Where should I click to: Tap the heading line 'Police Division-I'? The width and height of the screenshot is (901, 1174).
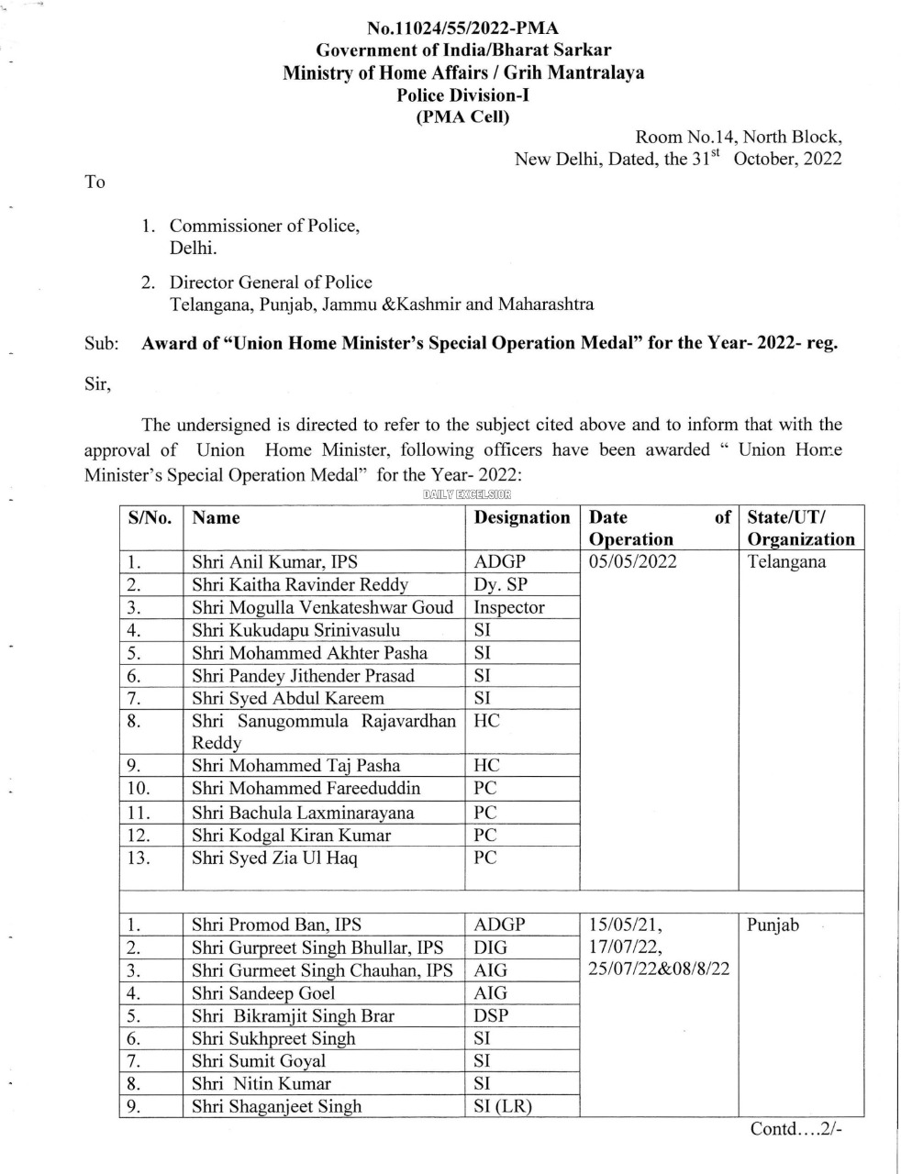click(462, 94)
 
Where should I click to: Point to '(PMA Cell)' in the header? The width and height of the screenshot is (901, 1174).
click(462, 116)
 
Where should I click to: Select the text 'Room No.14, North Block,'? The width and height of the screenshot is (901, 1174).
click(739, 137)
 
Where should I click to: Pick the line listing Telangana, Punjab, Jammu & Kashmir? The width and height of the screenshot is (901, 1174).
click(381, 304)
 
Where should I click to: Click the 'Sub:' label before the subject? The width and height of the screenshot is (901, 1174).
click(102, 344)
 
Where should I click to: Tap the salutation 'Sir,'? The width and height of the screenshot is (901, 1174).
click(97, 384)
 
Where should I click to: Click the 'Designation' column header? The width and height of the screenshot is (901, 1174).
click(521, 517)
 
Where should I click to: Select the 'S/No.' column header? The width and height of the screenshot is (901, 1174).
click(150, 517)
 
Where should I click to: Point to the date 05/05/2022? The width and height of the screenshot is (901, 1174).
click(633, 562)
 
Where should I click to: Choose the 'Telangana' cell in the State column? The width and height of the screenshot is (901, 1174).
click(786, 562)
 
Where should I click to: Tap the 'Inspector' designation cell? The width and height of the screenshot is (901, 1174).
click(509, 607)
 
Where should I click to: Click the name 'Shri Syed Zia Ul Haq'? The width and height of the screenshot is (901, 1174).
click(274, 858)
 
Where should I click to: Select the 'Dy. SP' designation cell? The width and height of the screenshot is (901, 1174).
click(500, 584)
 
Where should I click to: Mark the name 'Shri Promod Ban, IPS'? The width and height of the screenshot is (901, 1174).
click(276, 925)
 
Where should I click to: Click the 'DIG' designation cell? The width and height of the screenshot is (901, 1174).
click(490, 947)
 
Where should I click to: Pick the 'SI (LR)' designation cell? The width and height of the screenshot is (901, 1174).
click(502, 1106)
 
